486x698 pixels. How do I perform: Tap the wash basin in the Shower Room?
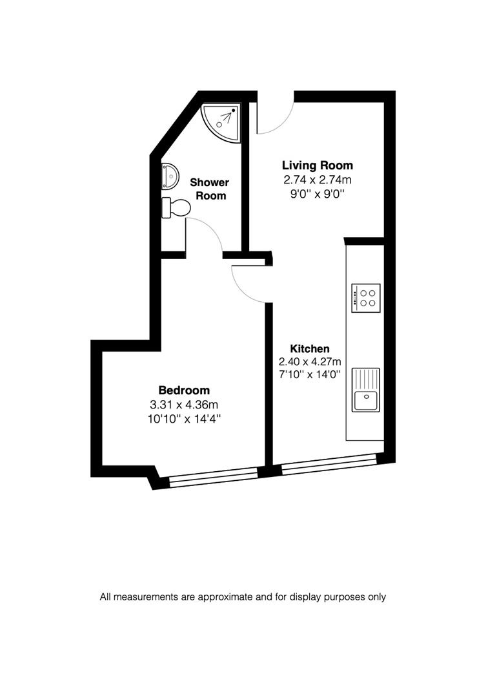click(170, 174)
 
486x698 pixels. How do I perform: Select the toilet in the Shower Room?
click(177, 207)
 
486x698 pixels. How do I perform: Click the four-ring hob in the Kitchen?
click(366, 298)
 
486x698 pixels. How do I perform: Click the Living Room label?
click(318, 165)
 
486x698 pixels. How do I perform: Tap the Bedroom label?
click(184, 390)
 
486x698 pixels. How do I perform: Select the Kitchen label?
click(310, 348)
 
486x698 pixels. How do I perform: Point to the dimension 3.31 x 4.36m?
click(184, 405)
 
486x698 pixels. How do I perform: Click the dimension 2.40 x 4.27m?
click(310, 362)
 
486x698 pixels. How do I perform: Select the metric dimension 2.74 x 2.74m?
click(318, 180)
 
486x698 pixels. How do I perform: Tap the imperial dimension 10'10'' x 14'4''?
click(184, 419)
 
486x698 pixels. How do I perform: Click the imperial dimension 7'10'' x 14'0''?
click(310, 375)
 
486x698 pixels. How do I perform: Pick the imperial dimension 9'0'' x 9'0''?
click(318, 194)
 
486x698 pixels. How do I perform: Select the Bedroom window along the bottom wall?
click(213, 476)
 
